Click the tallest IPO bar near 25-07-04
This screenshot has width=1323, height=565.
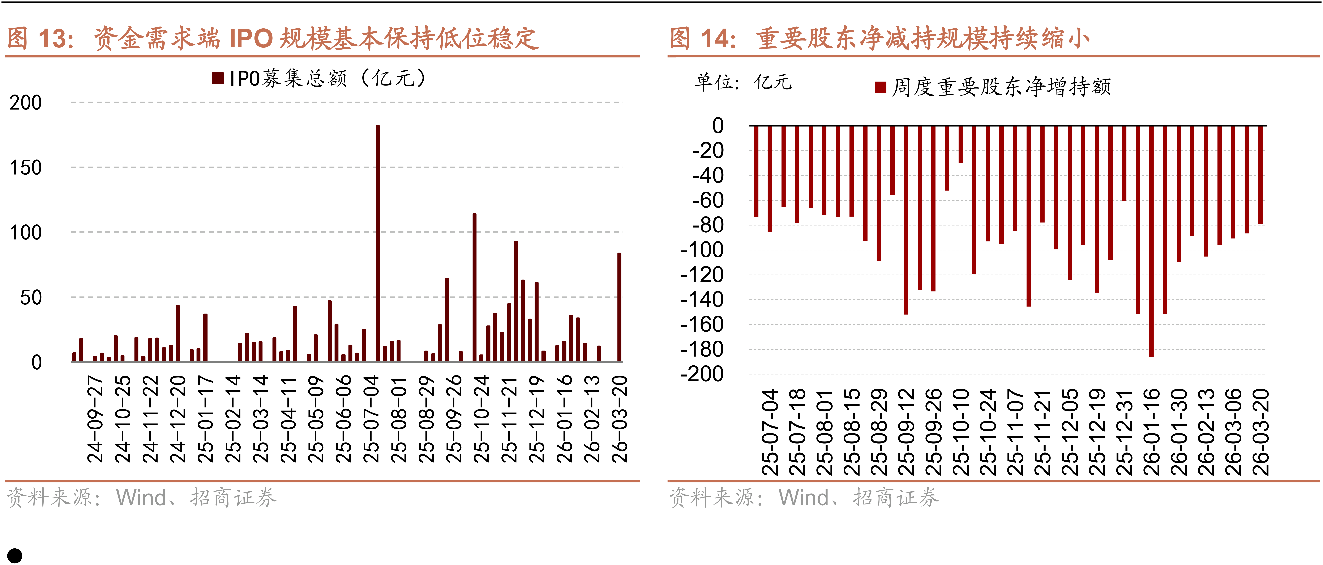click(378, 242)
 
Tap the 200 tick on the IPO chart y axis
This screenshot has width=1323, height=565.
click(26, 103)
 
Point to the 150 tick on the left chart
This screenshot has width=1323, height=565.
click(26, 168)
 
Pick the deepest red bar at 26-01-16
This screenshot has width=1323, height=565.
click(1151, 242)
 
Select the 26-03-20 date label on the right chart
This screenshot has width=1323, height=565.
click(1261, 432)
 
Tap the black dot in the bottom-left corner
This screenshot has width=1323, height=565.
click(15, 556)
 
